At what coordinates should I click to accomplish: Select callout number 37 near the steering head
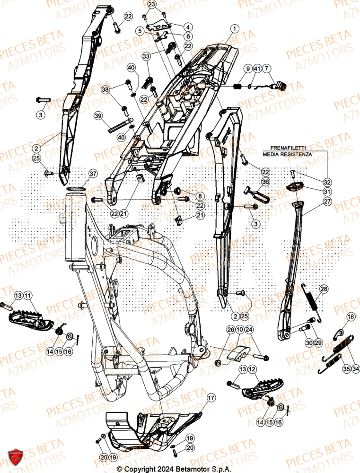[x=93, y=174]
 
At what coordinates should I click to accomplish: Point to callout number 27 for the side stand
[x=327, y=201]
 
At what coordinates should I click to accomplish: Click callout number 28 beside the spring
[x=323, y=289]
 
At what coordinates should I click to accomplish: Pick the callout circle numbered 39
[x=98, y=115]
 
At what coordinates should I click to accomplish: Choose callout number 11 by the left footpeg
[x=27, y=296]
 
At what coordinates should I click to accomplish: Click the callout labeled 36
[x=265, y=182]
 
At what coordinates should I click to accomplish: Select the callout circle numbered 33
[x=146, y=56]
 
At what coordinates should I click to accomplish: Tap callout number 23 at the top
[x=151, y=4]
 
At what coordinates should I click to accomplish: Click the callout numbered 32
[x=327, y=182]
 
